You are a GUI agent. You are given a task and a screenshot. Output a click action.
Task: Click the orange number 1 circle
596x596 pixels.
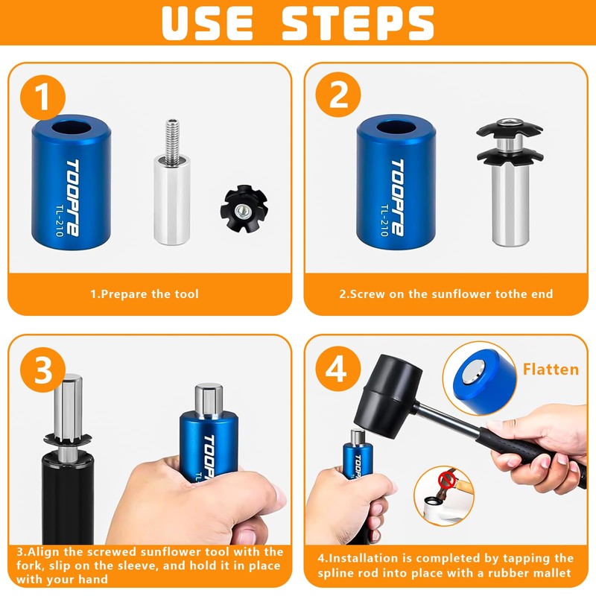tap(42, 98)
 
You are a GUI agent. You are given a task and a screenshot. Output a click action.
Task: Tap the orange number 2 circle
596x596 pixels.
tap(338, 95)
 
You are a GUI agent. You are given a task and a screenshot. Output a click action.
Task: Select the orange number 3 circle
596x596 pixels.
tap(42, 370)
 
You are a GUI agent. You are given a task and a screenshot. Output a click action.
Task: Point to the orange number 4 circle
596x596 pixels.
tap(338, 369)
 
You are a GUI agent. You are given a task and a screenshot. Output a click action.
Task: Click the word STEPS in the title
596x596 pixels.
tap(358, 23)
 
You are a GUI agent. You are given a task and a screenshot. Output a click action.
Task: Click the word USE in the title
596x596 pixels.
tap(208, 23)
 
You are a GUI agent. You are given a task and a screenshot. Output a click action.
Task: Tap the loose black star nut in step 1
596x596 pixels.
tap(244, 209)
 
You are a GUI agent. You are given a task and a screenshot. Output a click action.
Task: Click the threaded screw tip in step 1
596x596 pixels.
tap(172, 142)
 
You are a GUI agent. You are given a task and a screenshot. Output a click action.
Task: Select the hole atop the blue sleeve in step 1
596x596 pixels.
tap(71, 127)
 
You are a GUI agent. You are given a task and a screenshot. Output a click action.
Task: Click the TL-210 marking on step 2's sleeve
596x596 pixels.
tap(384, 221)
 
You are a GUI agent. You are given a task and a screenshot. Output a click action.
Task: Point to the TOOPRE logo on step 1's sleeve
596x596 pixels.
tap(72, 197)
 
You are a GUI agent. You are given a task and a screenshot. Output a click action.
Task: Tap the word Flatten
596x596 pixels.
tap(551, 369)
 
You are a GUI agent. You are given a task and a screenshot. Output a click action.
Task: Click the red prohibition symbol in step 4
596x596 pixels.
tap(446, 481)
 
